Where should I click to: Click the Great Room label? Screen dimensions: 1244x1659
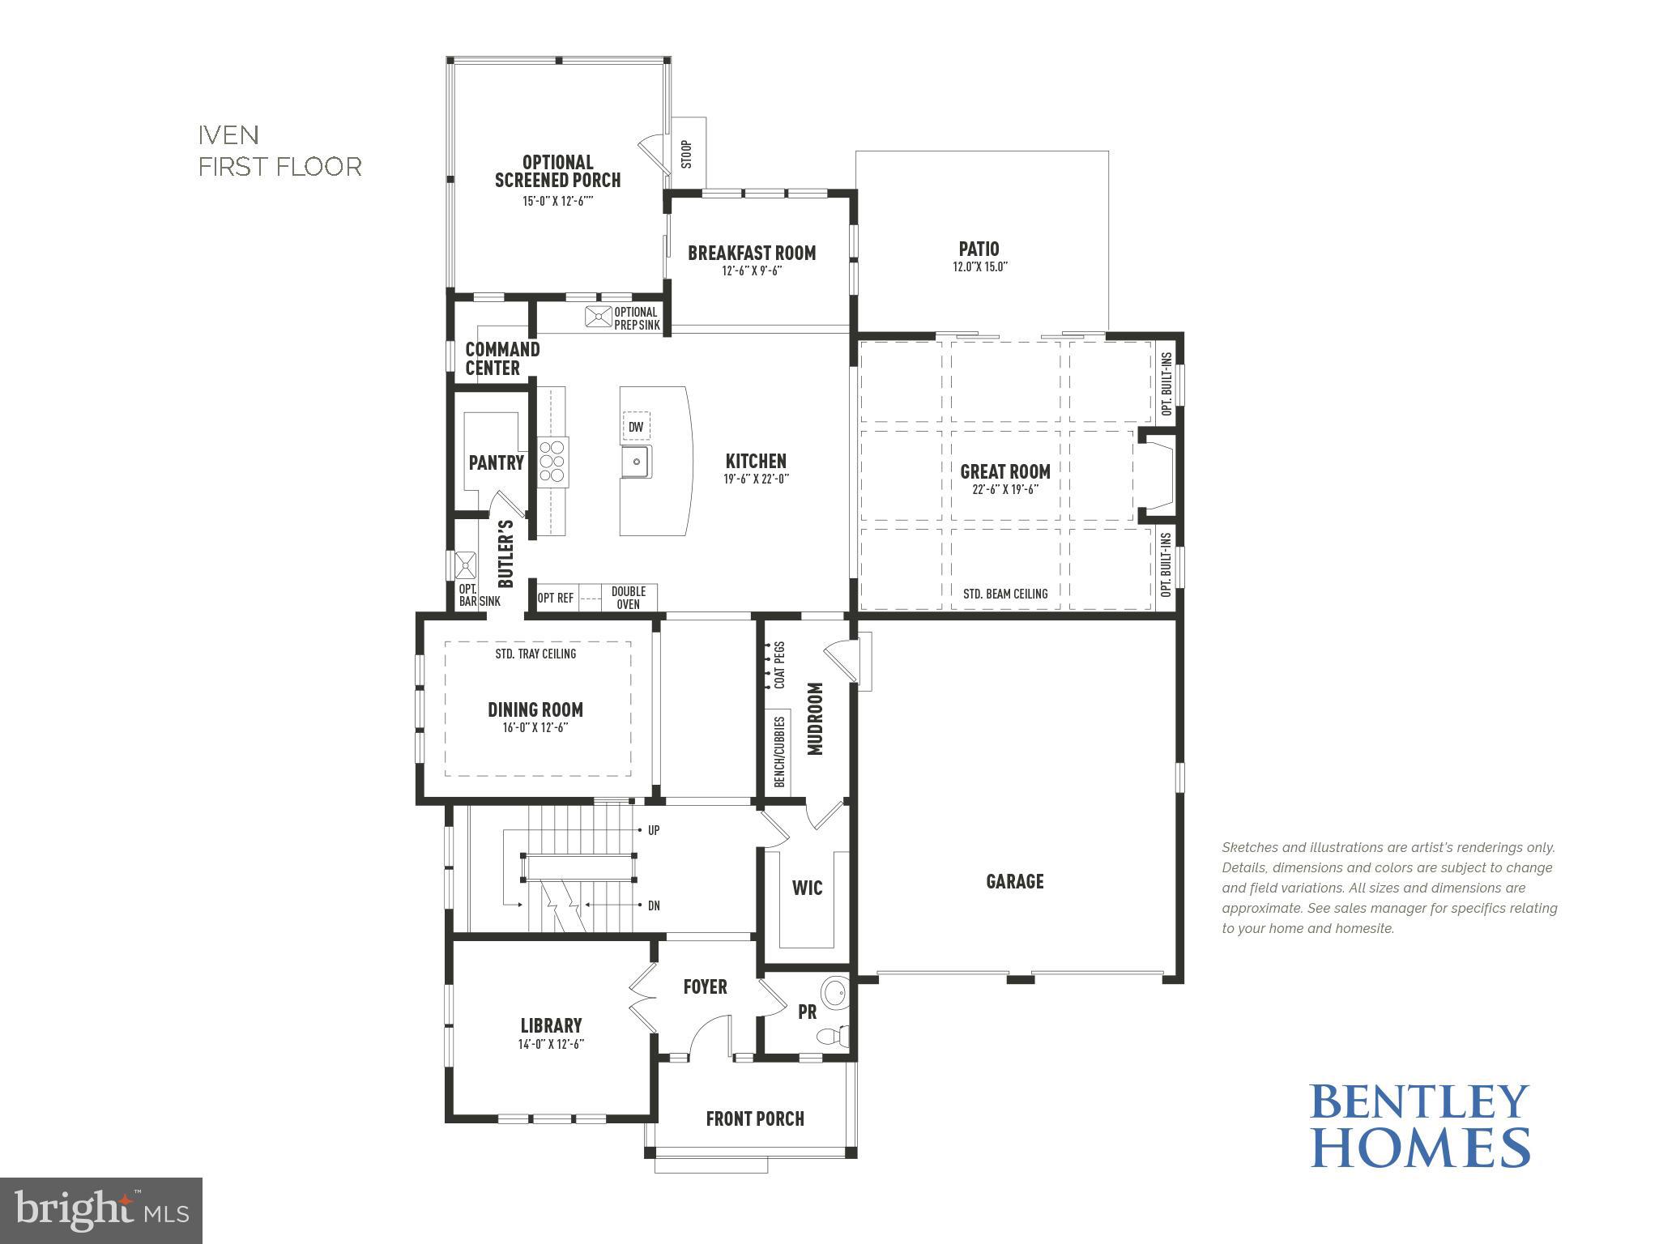(1004, 471)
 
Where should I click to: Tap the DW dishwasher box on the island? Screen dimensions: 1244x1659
(636, 427)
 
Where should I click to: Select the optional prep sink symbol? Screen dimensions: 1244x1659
(599, 317)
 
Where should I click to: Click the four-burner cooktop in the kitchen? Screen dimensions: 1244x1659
(553, 462)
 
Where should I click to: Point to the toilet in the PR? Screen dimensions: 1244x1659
(831, 1034)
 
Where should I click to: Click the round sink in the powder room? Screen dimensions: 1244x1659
(833, 992)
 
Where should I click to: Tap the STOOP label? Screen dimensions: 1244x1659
(687, 154)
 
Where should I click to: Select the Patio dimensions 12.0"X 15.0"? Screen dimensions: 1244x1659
(979, 267)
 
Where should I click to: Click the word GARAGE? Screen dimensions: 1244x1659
(1014, 881)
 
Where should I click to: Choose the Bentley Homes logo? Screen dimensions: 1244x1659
(1419, 1125)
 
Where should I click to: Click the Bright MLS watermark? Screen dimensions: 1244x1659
(101, 1210)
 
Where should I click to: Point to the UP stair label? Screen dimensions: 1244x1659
(654, 831)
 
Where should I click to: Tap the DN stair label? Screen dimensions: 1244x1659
(654, 905)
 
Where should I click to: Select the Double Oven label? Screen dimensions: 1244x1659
(628, 598)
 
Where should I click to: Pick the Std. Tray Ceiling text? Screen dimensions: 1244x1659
(535, 654)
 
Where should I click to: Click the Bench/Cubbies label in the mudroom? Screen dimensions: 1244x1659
(779, 751)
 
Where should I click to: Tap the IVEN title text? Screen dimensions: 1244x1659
(229, 134)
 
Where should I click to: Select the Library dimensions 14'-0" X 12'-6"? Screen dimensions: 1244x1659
(551, 1044)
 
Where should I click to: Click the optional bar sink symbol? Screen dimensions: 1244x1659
(467, 563)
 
